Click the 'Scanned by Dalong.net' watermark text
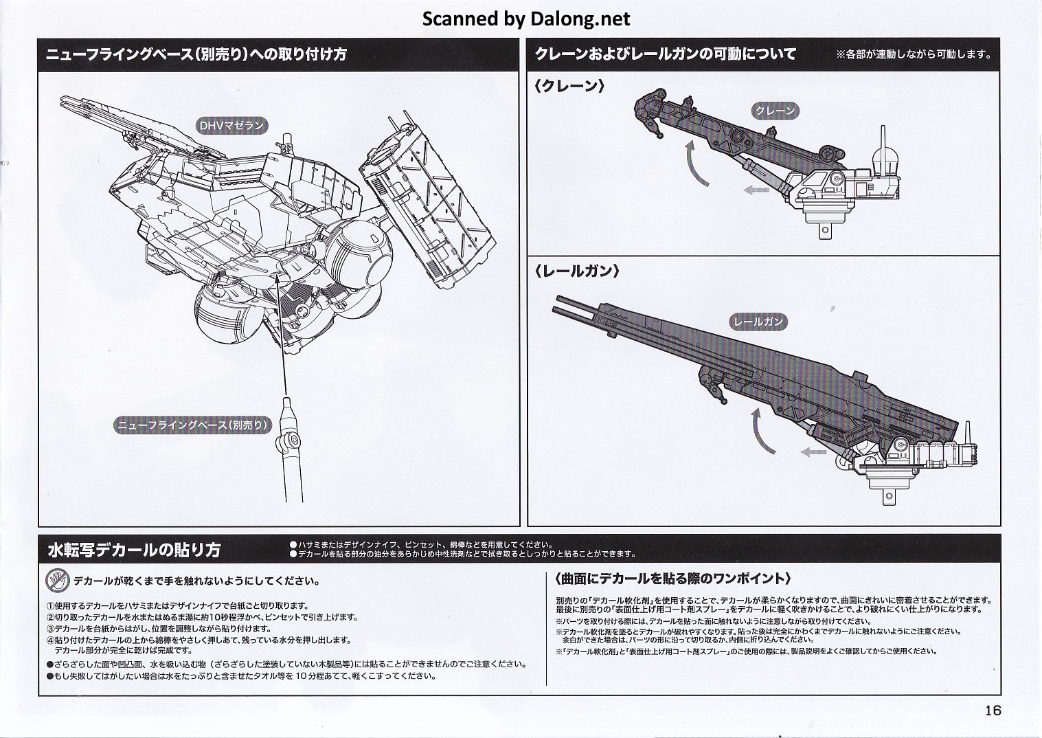[525, 19]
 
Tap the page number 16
[992, 710]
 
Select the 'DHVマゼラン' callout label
[231, 126]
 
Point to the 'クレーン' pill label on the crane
[775, 111]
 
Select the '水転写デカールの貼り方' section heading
[134, 550]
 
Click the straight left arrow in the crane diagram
[756, 190]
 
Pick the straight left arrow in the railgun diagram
[813, 451]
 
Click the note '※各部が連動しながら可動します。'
[914, 54]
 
